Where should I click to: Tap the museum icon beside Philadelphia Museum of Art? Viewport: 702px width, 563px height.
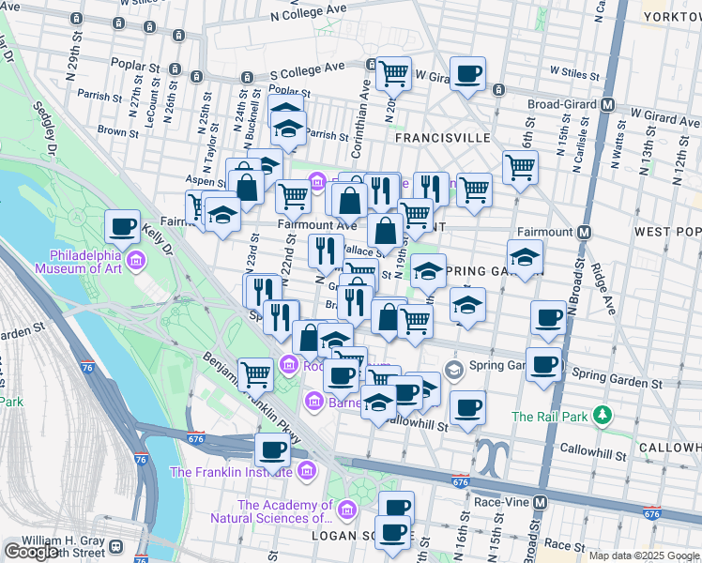tap(136, 260)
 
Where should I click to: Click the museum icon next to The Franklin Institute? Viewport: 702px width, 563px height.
tap(306, 472)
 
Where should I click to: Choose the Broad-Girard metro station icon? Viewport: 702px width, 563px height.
tap(608, 105)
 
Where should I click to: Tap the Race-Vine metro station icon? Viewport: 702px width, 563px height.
tap(541, 502)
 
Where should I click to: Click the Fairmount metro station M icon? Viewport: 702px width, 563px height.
tap(584, 232)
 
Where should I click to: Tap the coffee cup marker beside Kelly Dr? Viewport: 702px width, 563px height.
tap(122, 225)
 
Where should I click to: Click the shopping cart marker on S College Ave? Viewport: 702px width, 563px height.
tap(393, 71)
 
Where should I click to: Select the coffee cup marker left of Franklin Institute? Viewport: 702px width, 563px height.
tap(273, 449)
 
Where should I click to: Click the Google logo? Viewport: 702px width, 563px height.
tap(32, 552)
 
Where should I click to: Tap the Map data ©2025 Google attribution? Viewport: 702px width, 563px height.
tap(644, 555)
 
